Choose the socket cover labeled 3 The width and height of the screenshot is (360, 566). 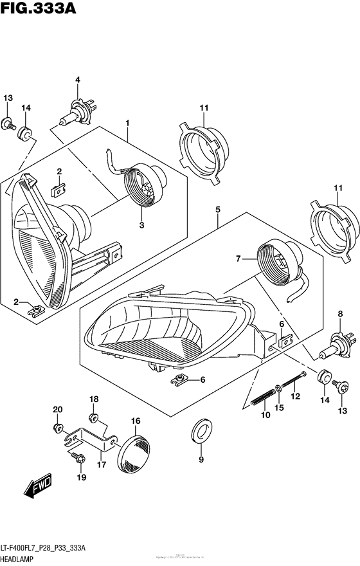tap(145, 185)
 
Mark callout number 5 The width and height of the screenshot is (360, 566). tap(218, 210)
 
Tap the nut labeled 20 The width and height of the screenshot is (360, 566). tap(57, 427)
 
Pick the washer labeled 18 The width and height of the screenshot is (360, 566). tap(93, 419)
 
